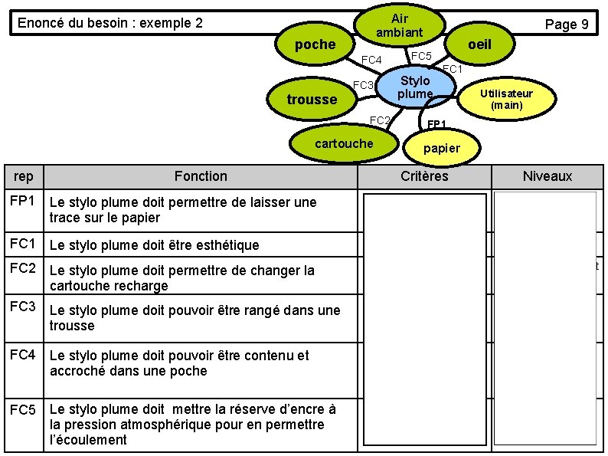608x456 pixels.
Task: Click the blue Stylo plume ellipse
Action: click(416, 87)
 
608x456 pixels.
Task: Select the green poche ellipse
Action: click(315, 44)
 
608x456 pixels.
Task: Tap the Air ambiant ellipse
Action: click(399, 25)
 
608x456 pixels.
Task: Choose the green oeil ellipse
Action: click(479, 44)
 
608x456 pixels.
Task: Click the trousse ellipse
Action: click(312, 100)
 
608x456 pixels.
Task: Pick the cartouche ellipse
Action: click(344, 143)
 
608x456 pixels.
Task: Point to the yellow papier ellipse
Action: click(442, 148)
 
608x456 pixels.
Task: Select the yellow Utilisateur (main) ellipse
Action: click(506, 99)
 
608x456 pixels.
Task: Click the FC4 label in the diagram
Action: click(371, 61)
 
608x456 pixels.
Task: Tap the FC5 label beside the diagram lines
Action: click(421, 56)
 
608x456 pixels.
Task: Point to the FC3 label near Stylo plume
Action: click(363, 84)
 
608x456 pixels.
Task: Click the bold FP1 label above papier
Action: click(436, 123)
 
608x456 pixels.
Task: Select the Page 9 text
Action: click(566, 25)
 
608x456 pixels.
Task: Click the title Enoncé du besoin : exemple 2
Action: click(110, 23)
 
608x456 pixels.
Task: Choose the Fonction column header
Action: click(201, 176)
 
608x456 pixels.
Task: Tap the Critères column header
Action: click(424, 176)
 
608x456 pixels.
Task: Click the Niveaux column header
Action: click(547, 176)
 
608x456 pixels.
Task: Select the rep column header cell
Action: click(24, 176)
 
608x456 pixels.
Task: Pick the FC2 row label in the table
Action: click(23, 268)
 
